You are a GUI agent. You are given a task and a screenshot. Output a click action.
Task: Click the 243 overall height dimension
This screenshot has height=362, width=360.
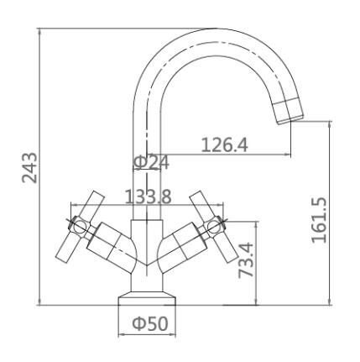(x=29, y=167)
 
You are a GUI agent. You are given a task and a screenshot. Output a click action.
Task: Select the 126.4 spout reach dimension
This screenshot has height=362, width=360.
(x=225, y=145)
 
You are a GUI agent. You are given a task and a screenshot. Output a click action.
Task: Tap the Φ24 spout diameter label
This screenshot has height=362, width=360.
(x=151, y=162)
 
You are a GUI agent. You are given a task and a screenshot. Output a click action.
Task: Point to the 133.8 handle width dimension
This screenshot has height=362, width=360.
(x=148, y=197)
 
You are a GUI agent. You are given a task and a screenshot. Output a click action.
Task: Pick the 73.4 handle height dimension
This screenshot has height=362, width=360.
(x=246, y=260)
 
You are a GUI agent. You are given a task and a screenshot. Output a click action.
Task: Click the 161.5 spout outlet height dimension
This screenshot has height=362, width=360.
(x=319, y=220)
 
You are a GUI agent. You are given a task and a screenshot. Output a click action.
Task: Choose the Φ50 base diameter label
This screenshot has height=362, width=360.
(x=150, y=323)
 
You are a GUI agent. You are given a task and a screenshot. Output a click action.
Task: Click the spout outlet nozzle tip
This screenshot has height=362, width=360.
(x=290, y=112)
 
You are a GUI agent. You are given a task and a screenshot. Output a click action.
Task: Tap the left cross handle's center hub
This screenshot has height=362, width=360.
(x=80, y=226)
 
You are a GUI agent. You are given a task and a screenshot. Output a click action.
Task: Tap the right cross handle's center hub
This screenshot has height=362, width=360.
(x=215, y=226)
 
